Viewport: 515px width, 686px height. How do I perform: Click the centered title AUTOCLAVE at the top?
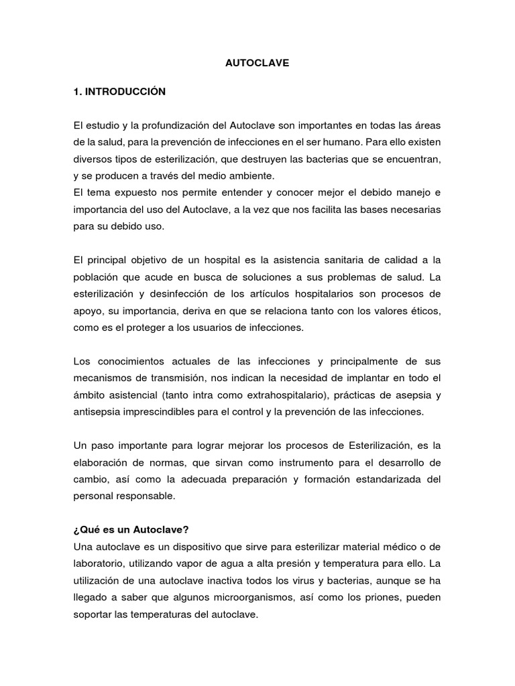tap(257, 63)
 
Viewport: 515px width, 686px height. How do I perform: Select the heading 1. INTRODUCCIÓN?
tap(119, 91)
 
